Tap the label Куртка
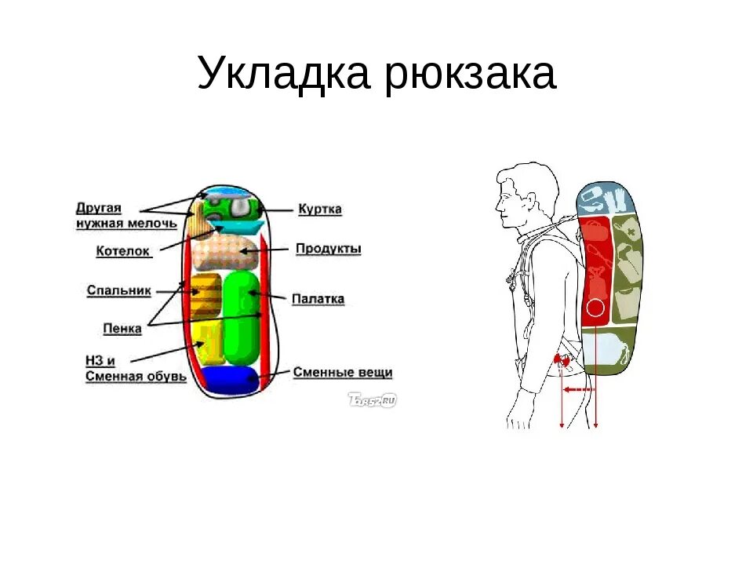(x=319, y=210)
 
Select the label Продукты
(x=328, y=249)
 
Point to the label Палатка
(x=318, y=299)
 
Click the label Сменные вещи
(x=342, y=373)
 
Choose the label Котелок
(x=122, y=251)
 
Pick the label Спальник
(x=118, y=290)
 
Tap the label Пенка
(x=122, y=328)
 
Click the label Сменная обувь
(x=136, y=376)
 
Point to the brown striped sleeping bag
(x=206, y=295)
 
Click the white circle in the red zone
(x=596, y=308)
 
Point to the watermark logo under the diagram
(x=372, y=399)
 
